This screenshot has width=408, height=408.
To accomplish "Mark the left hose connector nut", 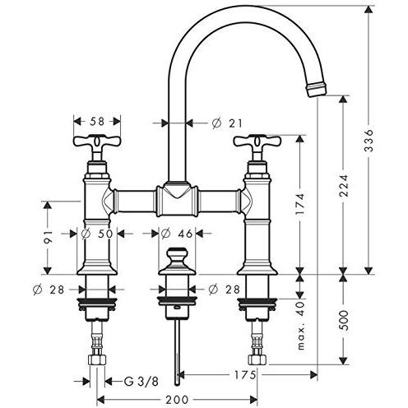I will point(96,361).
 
